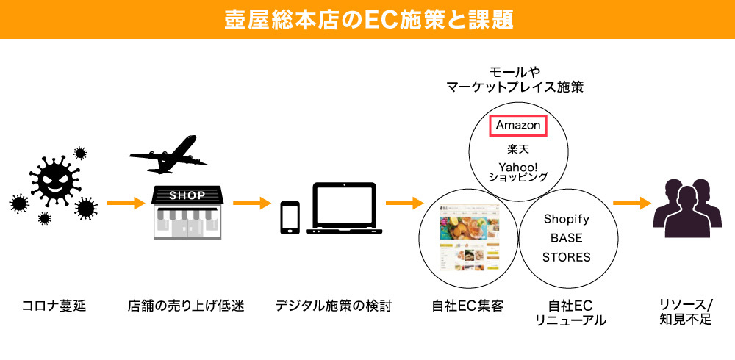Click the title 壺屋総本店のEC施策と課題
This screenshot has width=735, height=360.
click(367, 19)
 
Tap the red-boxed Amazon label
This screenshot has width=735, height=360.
click(518, 126)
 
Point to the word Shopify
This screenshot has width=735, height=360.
click(566, 219)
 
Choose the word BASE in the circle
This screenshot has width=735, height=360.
click(566, 238)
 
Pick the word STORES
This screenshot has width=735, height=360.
click(566, 257)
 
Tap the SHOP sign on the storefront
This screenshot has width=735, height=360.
click(187, 195)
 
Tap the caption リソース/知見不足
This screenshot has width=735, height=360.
click(686, 312)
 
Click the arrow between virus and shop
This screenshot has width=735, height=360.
click(125, 202)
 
